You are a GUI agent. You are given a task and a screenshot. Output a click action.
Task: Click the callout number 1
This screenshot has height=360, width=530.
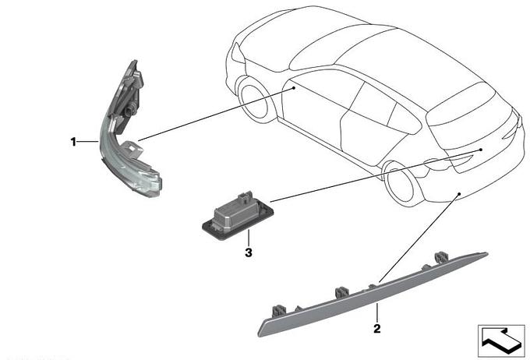point(73,142)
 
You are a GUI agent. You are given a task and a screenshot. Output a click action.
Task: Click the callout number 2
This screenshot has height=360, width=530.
point(377,328)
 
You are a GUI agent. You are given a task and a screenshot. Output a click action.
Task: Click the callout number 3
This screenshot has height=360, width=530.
point(249,252)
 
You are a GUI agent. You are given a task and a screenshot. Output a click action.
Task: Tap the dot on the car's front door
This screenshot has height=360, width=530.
point(294,88)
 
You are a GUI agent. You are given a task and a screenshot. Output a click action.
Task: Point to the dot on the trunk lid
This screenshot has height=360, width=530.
point(480,149)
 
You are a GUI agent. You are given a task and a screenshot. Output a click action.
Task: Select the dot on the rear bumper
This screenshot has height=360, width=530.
point(459,194)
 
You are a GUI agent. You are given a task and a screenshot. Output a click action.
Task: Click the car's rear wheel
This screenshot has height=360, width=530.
point(401,184)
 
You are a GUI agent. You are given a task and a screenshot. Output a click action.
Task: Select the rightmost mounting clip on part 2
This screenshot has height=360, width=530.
point(441,258)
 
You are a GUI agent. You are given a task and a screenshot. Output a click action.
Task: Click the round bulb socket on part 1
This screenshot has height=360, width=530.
point(130,109)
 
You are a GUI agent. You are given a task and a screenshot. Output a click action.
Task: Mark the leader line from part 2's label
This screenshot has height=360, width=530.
point(377,313)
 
